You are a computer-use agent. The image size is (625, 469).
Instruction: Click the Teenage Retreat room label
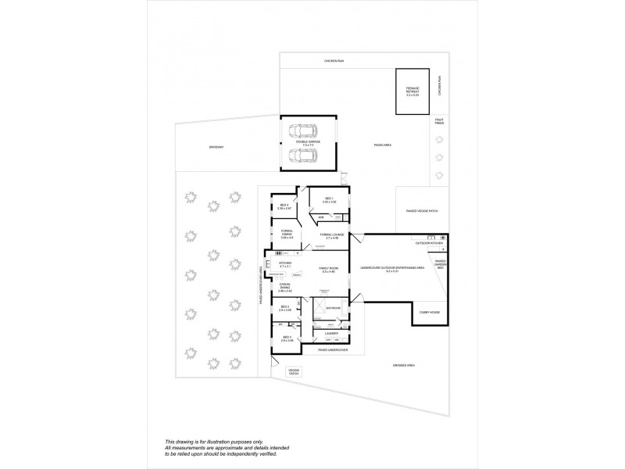click(412, 91)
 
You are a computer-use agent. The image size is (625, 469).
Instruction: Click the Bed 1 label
click(328, 200)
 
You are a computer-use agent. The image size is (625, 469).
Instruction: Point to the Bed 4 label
click(284, 207)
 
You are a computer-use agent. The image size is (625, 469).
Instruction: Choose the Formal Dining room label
click(287, 234)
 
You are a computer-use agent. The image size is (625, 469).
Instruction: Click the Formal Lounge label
click(332, 235)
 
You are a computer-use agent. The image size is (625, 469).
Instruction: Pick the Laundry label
click(330, 333)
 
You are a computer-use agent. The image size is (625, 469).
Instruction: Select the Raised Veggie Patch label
click(422, 211)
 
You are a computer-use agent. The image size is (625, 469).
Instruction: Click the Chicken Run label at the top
click(335, 61)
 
